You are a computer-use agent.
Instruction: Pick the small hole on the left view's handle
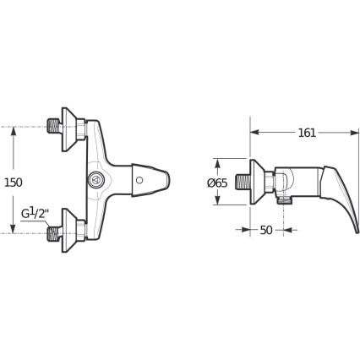click(x=139, y=179)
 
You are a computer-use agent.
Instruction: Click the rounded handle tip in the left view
click(x=165, y=179)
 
